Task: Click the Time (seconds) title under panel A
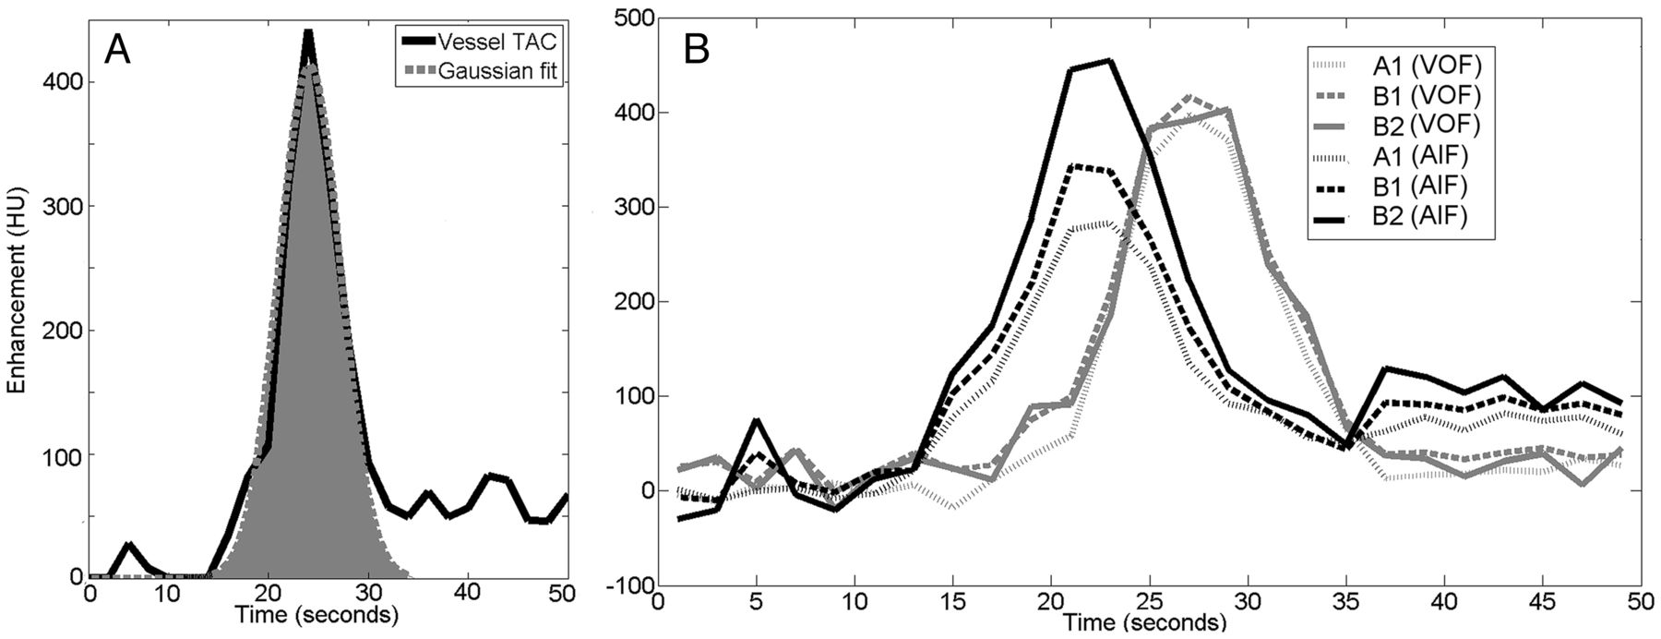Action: coord(317,614)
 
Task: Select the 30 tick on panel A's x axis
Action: coord(369,592)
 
